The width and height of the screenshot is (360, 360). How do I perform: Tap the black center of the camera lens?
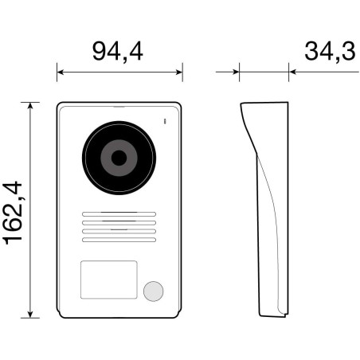[x=119, y=157]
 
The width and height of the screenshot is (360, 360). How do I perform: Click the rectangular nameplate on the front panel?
[x=108, y=280]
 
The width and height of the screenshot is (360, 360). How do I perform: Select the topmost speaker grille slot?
[x=119, y=214]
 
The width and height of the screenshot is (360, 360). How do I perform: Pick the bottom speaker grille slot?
[x=119, y=240]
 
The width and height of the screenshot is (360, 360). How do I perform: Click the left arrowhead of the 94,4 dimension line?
[x=61, y=72]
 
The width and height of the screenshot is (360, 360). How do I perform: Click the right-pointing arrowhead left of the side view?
[x=236, y=72]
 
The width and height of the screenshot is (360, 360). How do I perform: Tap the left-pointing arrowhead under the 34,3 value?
[x=293, y=72]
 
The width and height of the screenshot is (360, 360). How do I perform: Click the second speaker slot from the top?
[x=119, y=223]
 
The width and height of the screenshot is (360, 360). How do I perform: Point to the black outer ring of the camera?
[x=90, y=157]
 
